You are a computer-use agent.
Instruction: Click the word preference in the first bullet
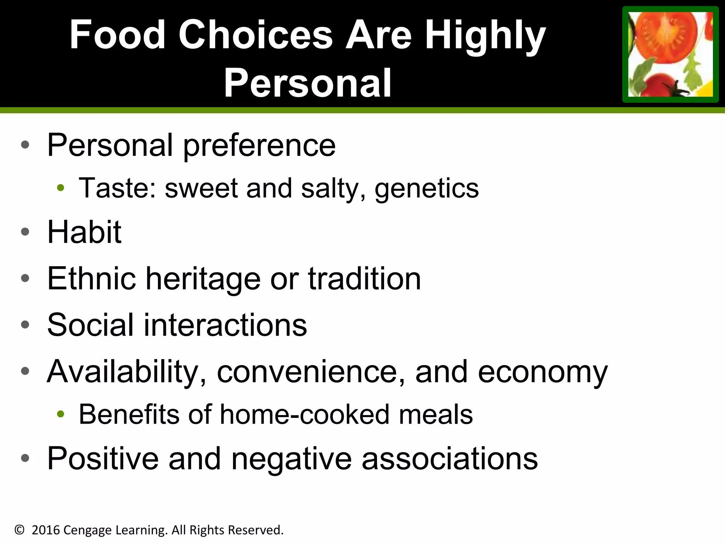259,146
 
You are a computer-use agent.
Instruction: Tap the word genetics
427,188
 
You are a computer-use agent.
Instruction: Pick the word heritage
203,279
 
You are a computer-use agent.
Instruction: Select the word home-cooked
304,414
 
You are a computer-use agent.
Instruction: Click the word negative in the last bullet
291,459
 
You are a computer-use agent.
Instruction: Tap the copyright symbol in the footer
19,530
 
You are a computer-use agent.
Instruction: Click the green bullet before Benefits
61,413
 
